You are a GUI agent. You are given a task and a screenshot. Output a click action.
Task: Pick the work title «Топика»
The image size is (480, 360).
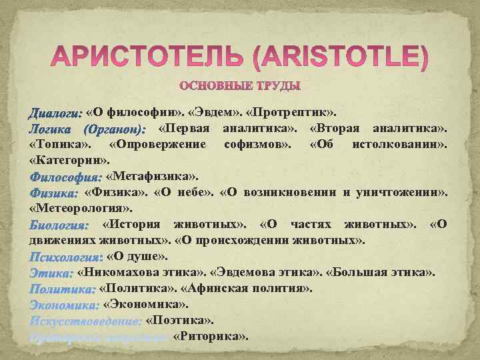[x=60, y=144]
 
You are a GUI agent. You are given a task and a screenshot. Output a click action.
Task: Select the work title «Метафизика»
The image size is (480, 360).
[x=153, y=177]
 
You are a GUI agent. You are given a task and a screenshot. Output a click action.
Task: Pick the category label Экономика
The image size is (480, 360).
[x=64, y=305]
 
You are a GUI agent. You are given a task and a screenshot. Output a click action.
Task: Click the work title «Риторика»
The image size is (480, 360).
[x=211, y=336]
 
